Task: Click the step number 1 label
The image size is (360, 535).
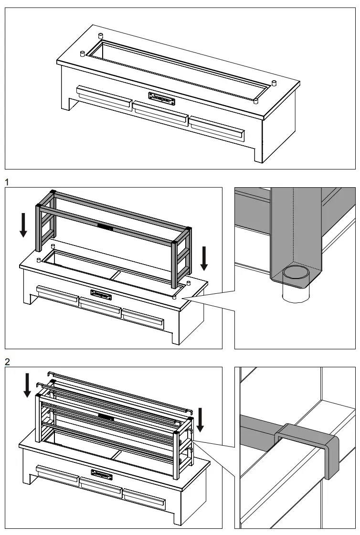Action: pos(7,182)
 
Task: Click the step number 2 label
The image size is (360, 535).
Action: pos(7,362)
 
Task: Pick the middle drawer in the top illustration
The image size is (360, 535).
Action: pos(160,113)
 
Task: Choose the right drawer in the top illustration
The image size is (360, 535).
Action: pos(217,128)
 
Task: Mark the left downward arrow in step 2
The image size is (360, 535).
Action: pos(27,385)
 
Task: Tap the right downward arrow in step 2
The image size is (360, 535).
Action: pos(200,419)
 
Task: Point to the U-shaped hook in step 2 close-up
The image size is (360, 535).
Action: pos(308,447)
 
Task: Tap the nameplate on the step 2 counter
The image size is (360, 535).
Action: pos(102,474)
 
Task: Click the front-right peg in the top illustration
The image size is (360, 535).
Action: pos(255,100)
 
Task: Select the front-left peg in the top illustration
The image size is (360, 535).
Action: pos(82,53)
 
